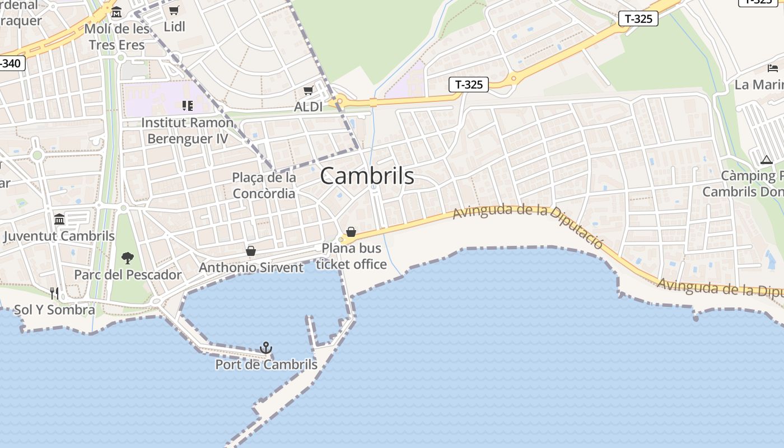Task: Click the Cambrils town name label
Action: coord(367,176)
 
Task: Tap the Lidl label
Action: coord(174,26)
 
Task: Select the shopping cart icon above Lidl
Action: coord(174,10)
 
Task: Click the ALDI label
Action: coord(309,106)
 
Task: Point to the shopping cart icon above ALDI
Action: coord(308,90)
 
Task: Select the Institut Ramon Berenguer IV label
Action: coord(188,130)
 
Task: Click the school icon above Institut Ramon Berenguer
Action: coord(188,105)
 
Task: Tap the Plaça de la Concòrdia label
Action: coord(264,185)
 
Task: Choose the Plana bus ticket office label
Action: coord(351,256)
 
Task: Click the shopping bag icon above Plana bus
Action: coord(351,232)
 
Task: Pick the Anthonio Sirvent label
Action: coord(251,267)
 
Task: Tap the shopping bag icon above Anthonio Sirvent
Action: coord(251,251)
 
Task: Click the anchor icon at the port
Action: coord(266,348)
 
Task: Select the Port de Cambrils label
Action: coord(266,365)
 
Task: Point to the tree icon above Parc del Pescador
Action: coord(128,258)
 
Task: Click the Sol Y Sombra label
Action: coord(54,310)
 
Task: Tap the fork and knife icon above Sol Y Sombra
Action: coord(54,293)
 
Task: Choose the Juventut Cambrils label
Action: coord(59,236)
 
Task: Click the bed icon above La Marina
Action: coord(773,68)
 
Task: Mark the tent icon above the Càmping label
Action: coord(767,160)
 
